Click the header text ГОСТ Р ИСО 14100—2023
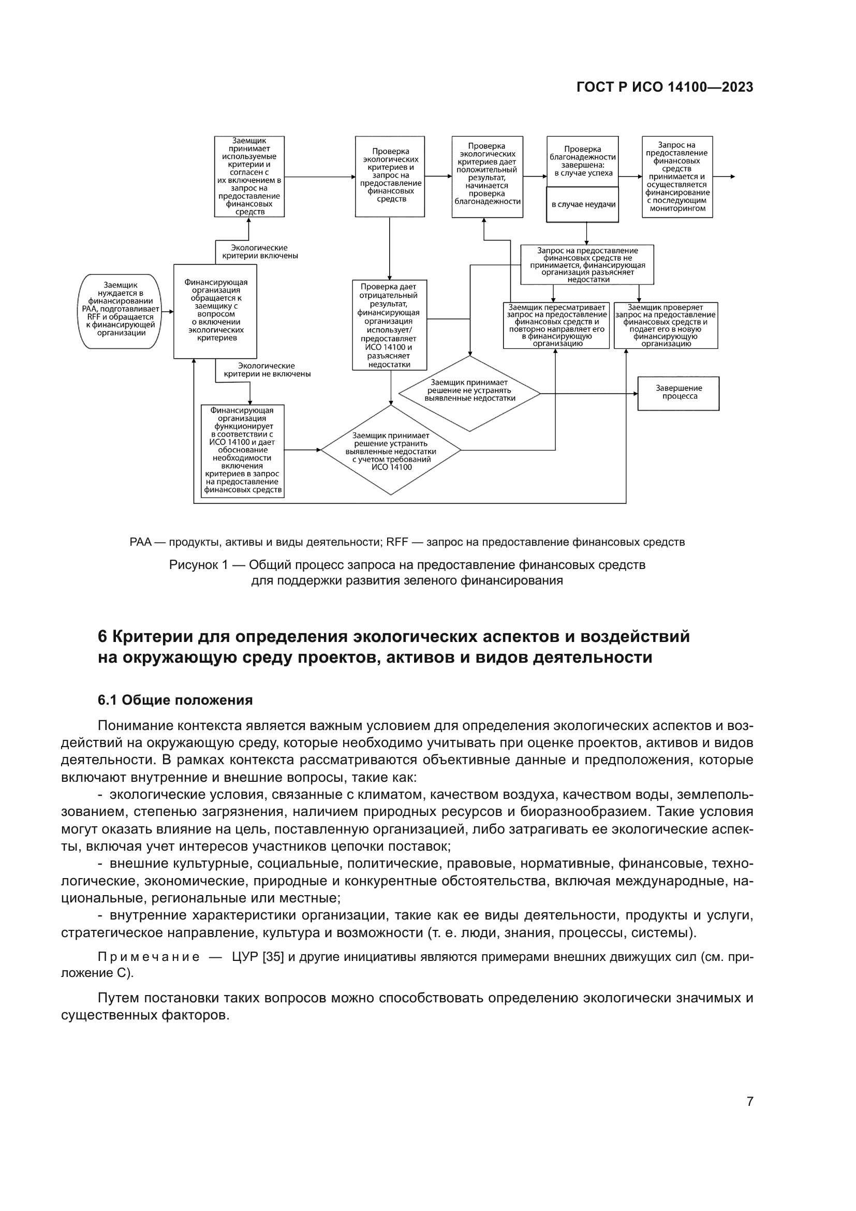click(x=665, y=87)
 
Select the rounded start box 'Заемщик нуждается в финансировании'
click(x=120, y=311)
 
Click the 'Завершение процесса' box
click(x=678, y=393)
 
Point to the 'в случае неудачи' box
click(x=582, y=205)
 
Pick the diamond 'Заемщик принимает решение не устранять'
click(x=469, y=393)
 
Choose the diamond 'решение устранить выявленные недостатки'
click(x=391, y=450)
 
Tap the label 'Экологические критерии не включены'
click(x=267, y=370)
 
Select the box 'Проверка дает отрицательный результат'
click(x=389, y=325)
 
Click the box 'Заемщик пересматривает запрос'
click(x=556, y=326)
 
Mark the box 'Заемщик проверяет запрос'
click(x=665, y=326)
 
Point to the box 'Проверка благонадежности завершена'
click(x=582, y=162)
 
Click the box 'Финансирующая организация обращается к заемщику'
click(x=215, y=311)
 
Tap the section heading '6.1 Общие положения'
click(x=175, y=700)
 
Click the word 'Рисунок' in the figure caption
click(x=193, y=565)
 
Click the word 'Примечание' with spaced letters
click(x=149, y=957)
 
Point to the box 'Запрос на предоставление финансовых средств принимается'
click(x=677, y=177)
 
